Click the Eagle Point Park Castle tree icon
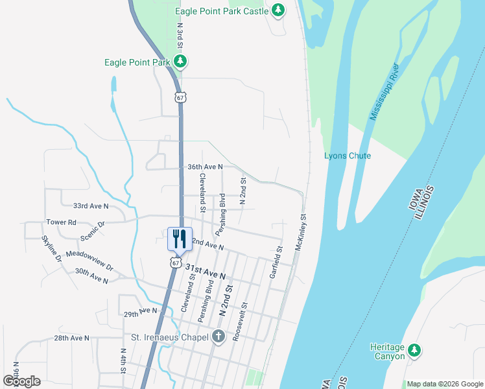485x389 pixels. coord(278,10)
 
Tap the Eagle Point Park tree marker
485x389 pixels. coord(180,62)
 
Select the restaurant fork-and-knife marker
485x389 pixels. coord(180,239)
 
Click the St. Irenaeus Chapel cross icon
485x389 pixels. coord(219,336)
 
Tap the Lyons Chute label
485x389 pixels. coord(348,156)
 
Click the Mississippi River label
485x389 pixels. coord(383,91)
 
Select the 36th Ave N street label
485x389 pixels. coord(205,167)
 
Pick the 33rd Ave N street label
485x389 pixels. coord(90,206)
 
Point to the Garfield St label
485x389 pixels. coord(276,262)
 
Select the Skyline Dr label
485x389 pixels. coord(52,249)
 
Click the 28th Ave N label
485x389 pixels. coord(71,338)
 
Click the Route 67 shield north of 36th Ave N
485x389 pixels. coord(180,97)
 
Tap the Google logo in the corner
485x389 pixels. coord(21,381)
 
